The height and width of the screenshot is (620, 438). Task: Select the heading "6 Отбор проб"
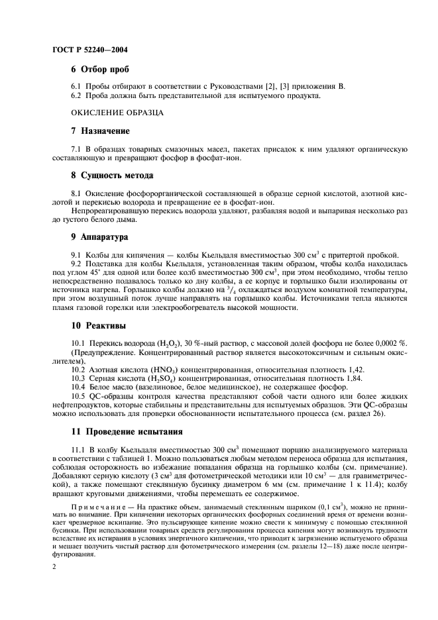[100, 69]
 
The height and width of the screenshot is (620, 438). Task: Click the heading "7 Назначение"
[100, 130]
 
